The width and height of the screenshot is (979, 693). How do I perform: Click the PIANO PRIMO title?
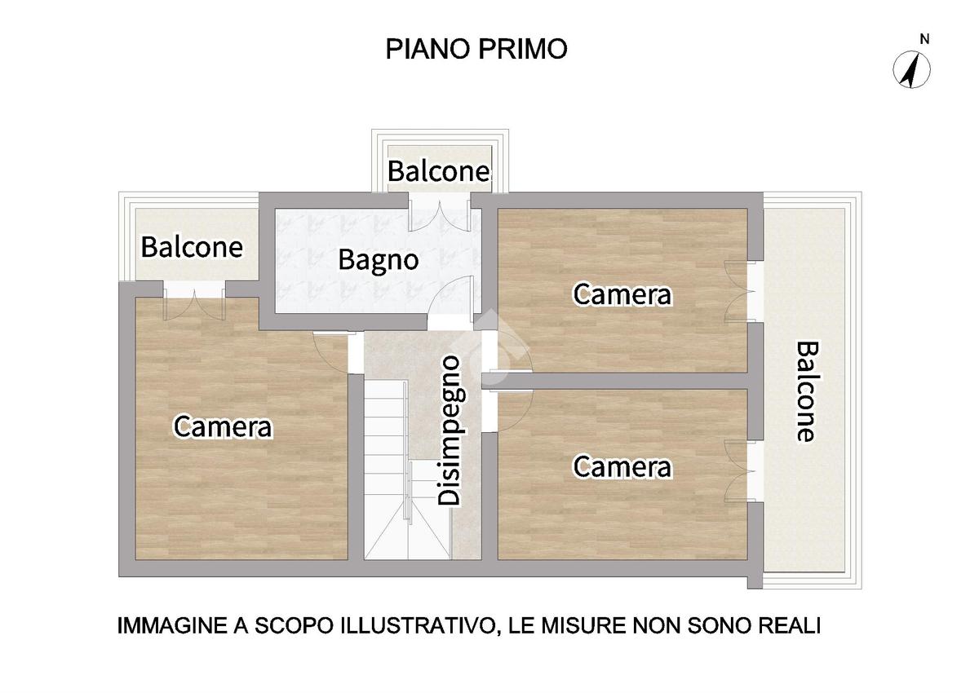pyautogui.click(x=476, y=49)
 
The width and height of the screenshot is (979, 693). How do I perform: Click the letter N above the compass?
pyautogui.click(x=924, y=39)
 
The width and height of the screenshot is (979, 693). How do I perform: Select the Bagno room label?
pyautogui.click(x=378, y=261)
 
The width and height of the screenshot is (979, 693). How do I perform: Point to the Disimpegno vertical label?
pyautogui.click(x=450, y=430)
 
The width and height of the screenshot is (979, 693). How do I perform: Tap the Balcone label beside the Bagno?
pyautogui.click(x=192, y=247)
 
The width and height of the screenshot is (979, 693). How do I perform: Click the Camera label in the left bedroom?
pyautogui.click(x=223, y=426)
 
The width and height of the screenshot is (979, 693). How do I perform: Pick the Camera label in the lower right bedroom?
pyautogui.click(x=622, y=466)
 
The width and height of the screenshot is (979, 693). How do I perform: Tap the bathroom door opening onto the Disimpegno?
pyautogui.click(x=450, y=302)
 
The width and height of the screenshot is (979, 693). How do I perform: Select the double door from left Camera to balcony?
pyautogui.click(x=194, y=301)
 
